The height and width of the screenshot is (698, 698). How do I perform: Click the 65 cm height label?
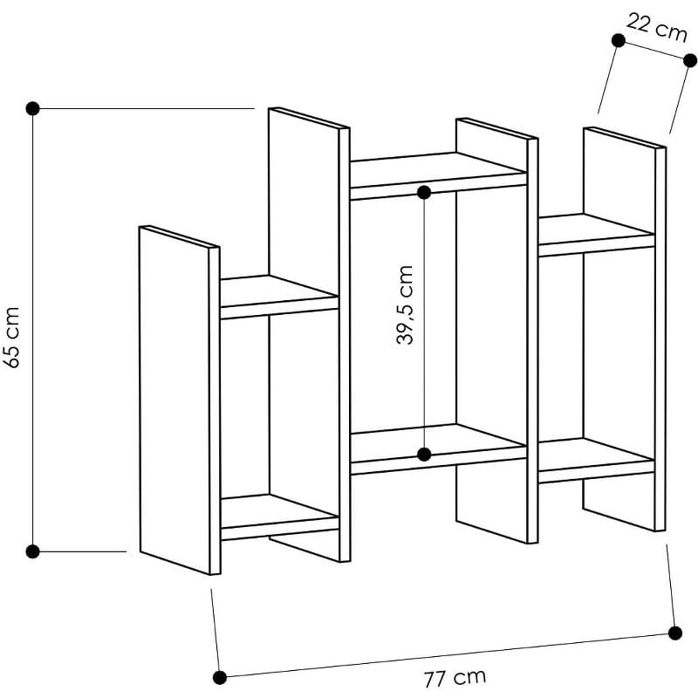click(x=11, y=338)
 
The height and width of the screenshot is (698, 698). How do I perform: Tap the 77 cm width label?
click(x=455, y=678)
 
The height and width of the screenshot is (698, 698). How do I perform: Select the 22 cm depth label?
click(x=657, y=28)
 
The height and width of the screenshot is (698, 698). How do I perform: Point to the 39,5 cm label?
click(x=404, y=305)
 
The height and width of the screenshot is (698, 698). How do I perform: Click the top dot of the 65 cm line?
click(x=33, y=108)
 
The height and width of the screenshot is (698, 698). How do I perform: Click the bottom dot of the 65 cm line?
click(x=33, y=551)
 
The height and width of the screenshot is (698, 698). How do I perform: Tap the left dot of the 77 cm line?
click(x=220, y=678)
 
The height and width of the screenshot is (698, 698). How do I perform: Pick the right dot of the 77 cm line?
click(x=674, y=633)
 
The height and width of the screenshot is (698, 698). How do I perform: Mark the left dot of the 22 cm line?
click(x=619, y=40)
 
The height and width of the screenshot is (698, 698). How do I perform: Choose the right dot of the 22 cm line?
click(x=690, y=60)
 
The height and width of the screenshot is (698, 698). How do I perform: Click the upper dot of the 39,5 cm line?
click(x=424, y=193)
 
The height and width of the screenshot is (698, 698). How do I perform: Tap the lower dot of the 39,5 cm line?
click(x=424, y=455)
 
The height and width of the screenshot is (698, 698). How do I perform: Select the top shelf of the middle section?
click(x=439, y=175)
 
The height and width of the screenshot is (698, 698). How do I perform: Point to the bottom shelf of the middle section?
click(x=439, y=448)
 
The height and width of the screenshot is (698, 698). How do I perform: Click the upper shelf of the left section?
click(x=279, y=297)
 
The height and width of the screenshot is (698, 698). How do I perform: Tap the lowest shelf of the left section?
click(x=279, y=517)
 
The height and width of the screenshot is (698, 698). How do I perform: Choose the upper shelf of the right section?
click(x=597, y=235)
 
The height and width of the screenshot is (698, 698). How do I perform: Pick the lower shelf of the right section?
click(x=597, y=460)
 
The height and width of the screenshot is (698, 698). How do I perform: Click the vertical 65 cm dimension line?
click(x=33, y=330)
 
